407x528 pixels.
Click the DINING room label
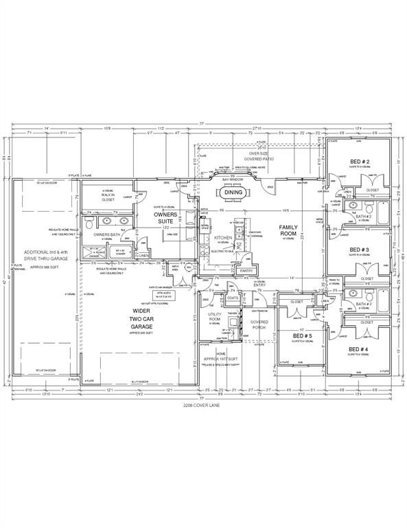tap(234, 192)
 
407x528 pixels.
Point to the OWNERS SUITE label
tap(166, 219)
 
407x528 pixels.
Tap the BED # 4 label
tap(360, 349)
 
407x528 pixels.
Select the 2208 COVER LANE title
tap(203, 406)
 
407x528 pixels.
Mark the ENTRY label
tap(259, 285)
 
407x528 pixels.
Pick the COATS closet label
tap(233, 298)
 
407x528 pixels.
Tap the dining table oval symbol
tap(233, 192)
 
